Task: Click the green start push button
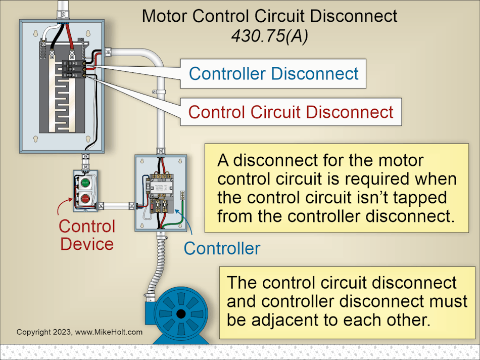(85, 182)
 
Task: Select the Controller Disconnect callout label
(273, 73)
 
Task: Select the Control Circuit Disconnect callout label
(291, 111)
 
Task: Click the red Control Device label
(86, 235)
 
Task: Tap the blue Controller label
(222, 248)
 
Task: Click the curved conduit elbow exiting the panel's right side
(152, 55)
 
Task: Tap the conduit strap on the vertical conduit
(160, 93)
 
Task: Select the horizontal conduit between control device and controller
(117, 206)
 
